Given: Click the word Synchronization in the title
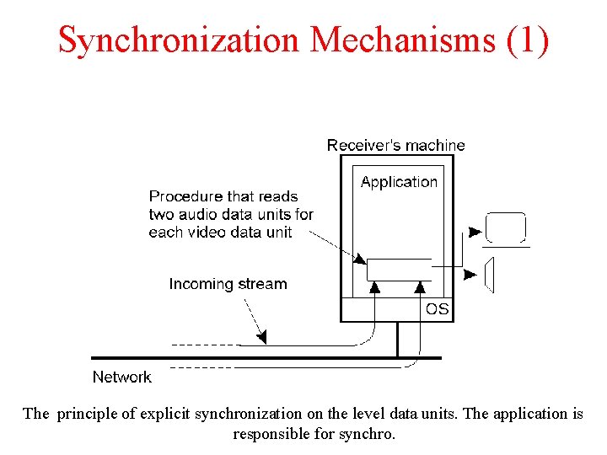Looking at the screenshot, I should point(178,40).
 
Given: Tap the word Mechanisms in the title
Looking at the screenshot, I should point(404,40).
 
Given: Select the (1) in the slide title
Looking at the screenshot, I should point(529,40).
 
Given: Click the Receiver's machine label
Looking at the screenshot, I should point(395,146).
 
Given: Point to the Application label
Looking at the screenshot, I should point(399,182).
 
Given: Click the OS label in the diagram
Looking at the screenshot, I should point(437,309).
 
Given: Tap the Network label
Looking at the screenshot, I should point(121,377).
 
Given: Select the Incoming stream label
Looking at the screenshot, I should point(228,284).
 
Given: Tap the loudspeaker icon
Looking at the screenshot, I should point(489,275).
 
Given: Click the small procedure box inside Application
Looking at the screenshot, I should point(399,270).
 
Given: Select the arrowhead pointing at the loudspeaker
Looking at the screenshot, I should point(470,274).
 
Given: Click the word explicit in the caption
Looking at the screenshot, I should point(164,414).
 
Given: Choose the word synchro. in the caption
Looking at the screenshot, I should point(368,435).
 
